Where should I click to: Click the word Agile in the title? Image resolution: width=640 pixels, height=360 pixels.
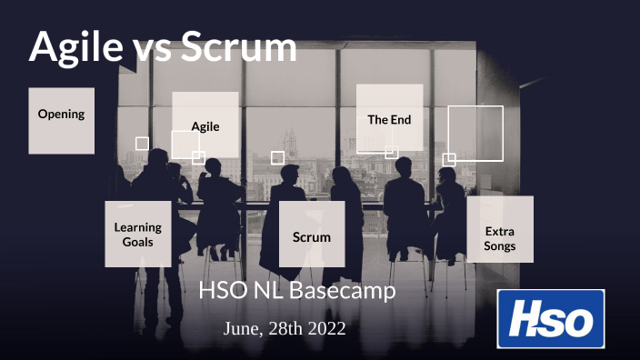[76, 46]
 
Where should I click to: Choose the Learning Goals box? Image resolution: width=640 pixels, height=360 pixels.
[138, 234]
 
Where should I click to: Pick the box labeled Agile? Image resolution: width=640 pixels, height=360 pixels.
[205, 125]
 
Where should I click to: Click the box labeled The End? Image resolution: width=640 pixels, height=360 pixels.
[389, 117]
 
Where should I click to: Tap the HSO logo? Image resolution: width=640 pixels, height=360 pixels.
[551, 318]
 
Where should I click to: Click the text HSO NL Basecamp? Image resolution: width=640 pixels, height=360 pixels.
[297, 293]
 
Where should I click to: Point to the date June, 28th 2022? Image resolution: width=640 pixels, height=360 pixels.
[285, 329]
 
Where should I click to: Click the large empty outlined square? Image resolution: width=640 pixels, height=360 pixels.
[475, 133]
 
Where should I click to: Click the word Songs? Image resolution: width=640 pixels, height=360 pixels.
[500, 245]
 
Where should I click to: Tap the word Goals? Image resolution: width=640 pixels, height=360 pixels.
[138, 242]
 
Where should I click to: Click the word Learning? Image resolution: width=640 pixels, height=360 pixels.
[138, 227]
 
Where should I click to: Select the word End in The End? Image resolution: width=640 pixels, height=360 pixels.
[402, 119]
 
